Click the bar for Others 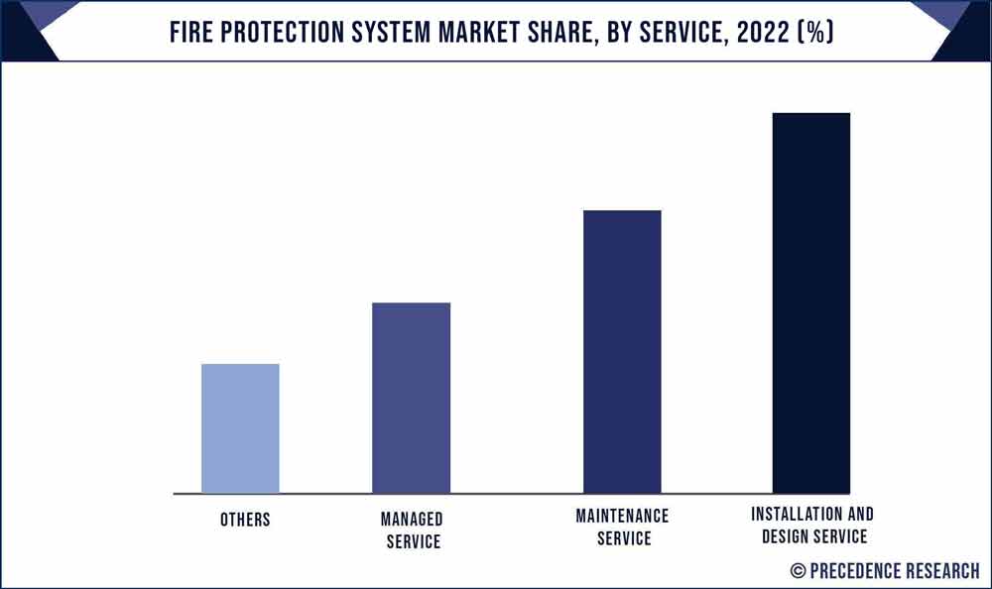point(240,428)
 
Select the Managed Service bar point(411,398)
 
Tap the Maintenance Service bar point(622,352)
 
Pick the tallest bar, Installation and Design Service point(810,302)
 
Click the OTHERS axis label point(245,520)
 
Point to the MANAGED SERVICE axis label point(411,530)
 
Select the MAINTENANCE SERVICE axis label point(623,527)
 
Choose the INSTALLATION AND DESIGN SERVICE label point(812,526)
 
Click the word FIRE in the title point(191,32)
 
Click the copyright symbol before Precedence point(798,571)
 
